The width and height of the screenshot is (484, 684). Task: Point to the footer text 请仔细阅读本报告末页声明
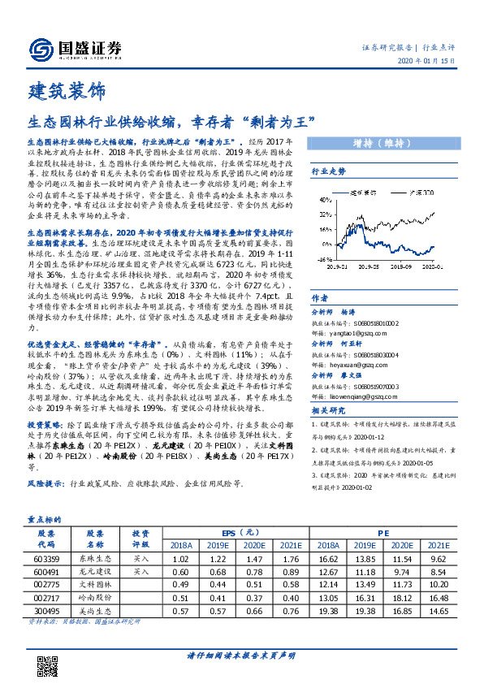[241, 656]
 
